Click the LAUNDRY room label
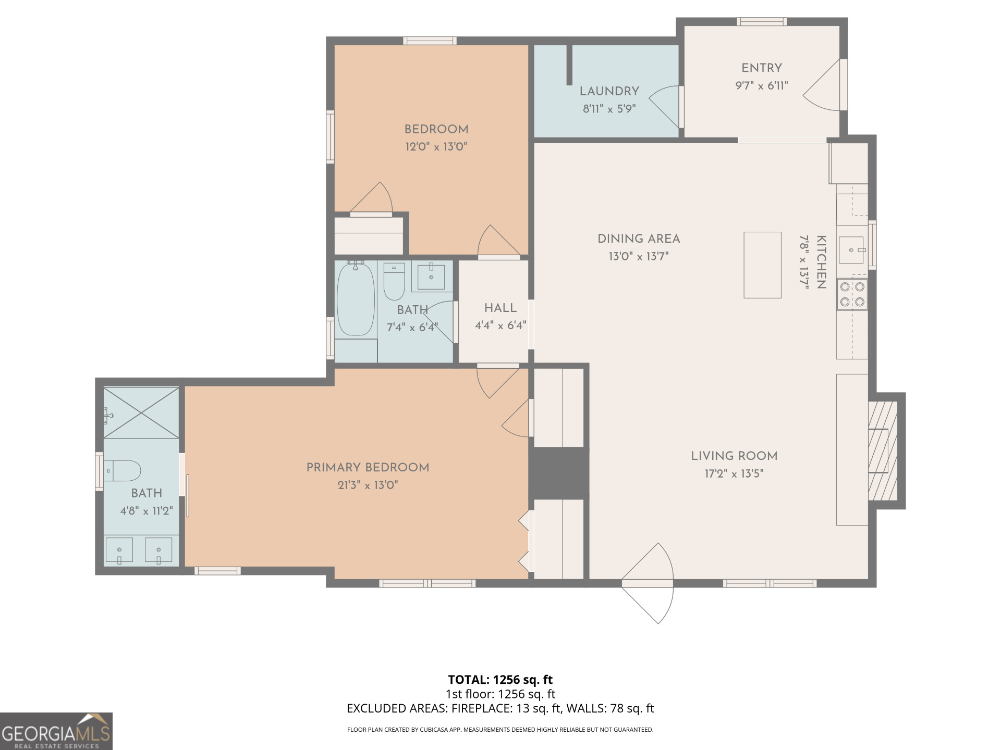click(609, 91)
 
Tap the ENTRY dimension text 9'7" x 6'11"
click(761, 85)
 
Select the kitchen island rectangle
click(762, 265)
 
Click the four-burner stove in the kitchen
click(852, 294)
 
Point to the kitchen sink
click(851, 250)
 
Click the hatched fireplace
click(883, 451)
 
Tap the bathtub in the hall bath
click(356, 299)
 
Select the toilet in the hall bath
click(394, 281)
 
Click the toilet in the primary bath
click(122, 471)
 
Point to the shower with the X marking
click(141, 413)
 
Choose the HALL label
click(500, 308)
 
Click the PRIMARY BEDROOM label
click(368, 468)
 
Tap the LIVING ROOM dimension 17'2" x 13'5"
click(734, 473)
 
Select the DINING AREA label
click(639, 239)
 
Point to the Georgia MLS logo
click(56, 731)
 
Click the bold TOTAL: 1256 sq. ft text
click(500, 680)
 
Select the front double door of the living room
click(648, 583)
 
